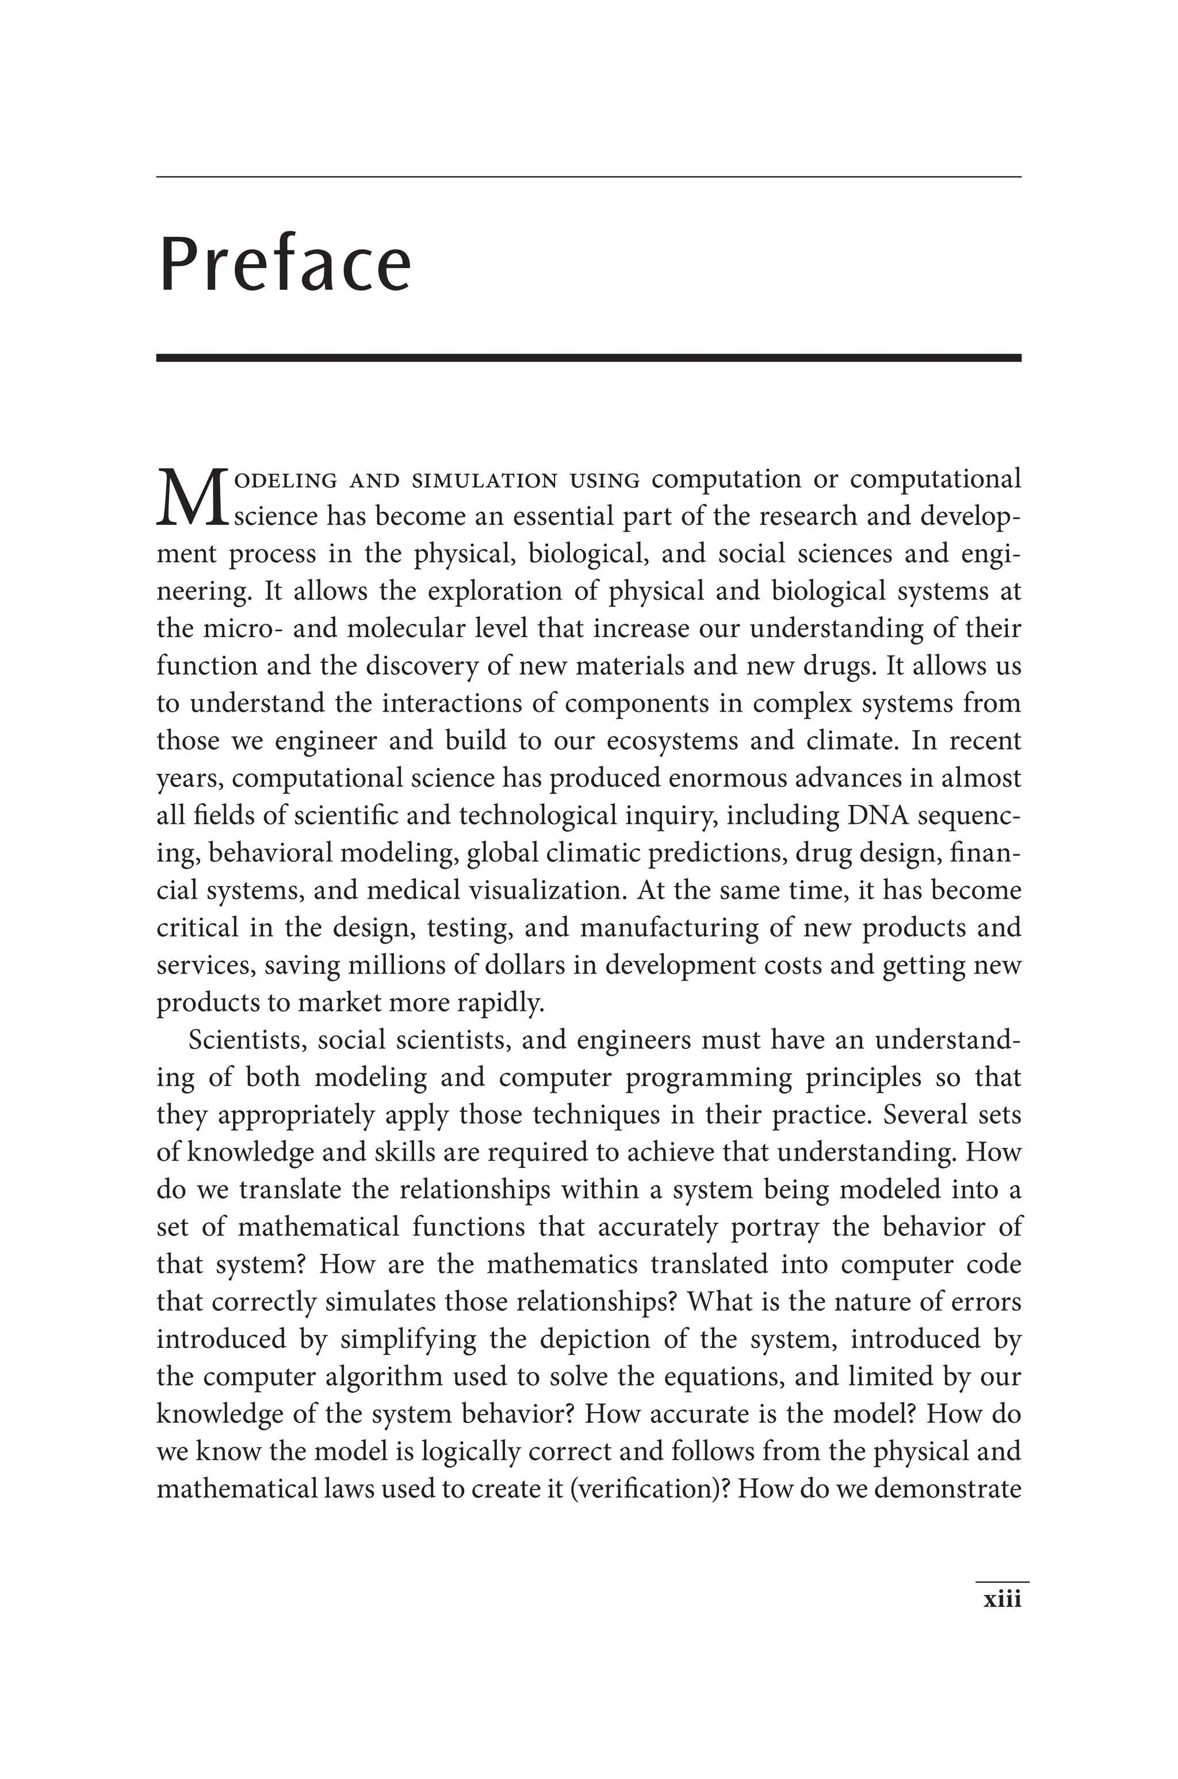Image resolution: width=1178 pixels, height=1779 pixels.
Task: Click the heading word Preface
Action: coord(285,265)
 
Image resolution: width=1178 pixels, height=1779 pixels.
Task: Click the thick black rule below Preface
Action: coord(588,358)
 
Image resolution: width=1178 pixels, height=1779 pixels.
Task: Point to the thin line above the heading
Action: coord(588,177)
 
